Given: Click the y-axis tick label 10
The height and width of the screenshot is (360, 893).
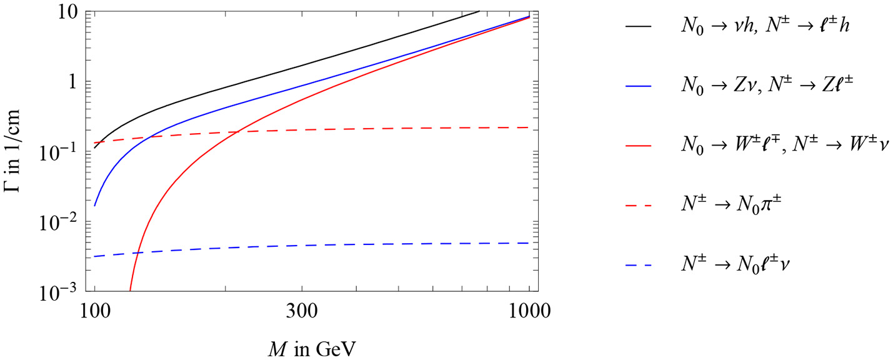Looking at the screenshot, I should point(71,11).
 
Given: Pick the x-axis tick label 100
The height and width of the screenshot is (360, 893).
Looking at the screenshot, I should point(94,311).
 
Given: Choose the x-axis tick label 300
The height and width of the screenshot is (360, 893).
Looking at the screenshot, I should point(302,311).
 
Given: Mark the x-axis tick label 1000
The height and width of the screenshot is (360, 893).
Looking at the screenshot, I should point(529,311).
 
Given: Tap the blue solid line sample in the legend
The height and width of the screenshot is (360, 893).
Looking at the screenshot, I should point(637,86).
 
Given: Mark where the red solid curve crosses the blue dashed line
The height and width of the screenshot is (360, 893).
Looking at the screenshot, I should point(137,252).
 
